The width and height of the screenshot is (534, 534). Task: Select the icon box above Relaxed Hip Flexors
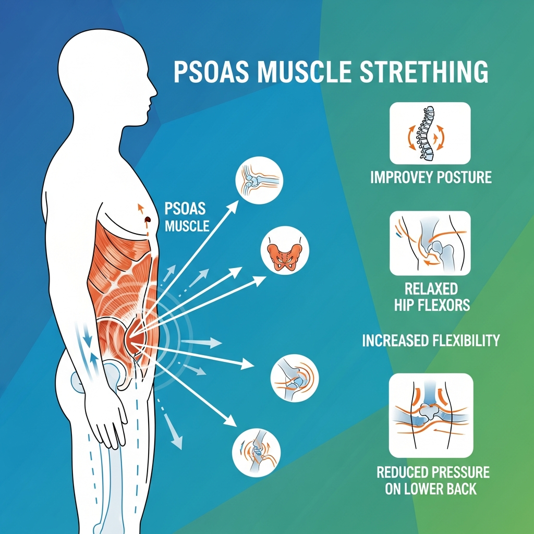click(x=430, y=243)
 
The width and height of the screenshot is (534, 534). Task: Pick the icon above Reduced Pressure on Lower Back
click(x=431, y=415)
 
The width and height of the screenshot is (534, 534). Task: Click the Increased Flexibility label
click(x=431, y=341)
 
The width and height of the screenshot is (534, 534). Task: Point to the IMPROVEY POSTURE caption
click(x=431, y=177)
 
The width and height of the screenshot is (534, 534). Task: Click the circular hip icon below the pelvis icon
click(x=295, y=379)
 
